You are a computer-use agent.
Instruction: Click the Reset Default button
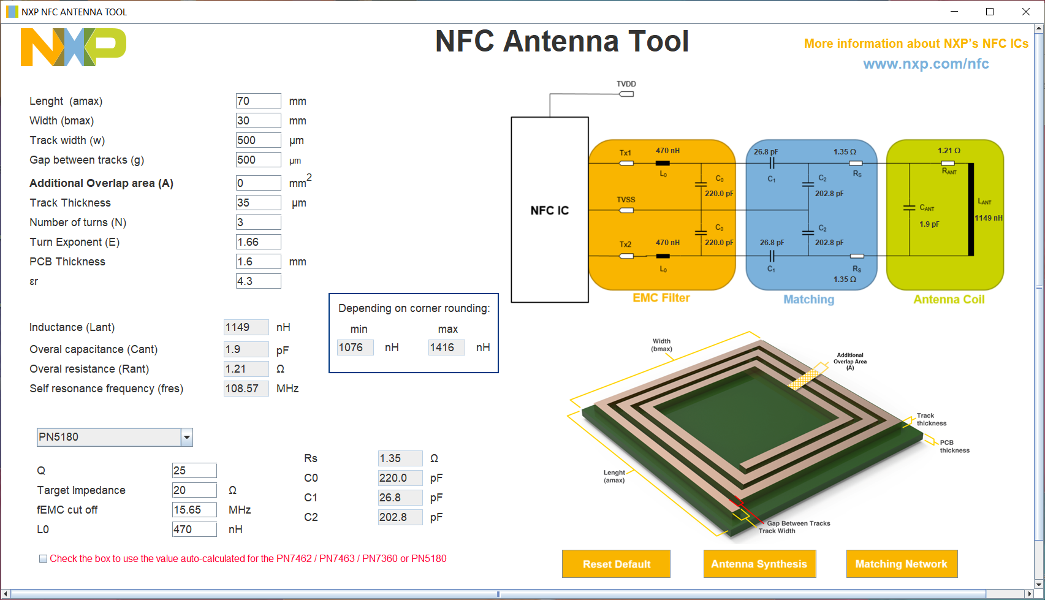pyautogui.click(x=616, y=564)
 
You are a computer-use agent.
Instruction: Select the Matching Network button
pyautogui.click(x=901, y=564)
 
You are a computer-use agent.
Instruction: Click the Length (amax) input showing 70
pyautogui.click(x=258, y=101)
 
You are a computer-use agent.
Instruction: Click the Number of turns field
pyautogui.click(x=258, y=222)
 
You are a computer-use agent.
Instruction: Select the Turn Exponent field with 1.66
pyautogui.click(x=258, y=242)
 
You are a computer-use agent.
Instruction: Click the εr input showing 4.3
pyautogui.click(x=258, y=281)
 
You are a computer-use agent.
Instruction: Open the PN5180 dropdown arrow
pyautogui.click(x=187, y=438)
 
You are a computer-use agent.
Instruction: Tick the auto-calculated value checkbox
pyautogui.click(x=43, y=559)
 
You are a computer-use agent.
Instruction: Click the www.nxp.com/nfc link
pyautogui.click(x=925, y=64)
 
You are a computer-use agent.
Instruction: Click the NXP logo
pyautogui.click(x=73, y=47)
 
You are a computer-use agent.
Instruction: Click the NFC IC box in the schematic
pyautogui.click(x=550, y=210)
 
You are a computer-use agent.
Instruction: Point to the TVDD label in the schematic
pyautogui.click(x=626, y=84)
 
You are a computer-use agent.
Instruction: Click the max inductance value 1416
pyautogui.click(x=446, y=347)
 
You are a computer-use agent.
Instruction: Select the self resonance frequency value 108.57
pyautogui.click(x=246, y=389)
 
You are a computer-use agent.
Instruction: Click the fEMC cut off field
pyautogui.click(x=194, y=510)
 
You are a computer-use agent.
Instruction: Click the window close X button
pyautogui.click(x=1026, y=12)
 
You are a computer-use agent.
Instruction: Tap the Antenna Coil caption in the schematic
pyautogui.click(x=948, y=300)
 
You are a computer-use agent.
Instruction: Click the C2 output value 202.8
pyautogui.click(x=400, y=517)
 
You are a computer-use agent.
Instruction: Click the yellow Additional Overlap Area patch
pyautogui.click(x=804, y=379)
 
